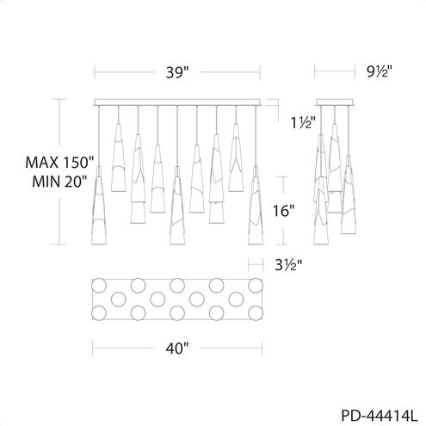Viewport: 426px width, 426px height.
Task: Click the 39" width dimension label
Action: (177, 72)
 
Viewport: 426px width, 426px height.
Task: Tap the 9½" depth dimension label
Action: (379, 71)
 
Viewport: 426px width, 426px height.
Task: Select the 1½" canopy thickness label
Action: (304, 123)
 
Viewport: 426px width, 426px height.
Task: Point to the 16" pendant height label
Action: (284, 212)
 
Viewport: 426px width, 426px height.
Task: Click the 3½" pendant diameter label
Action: (288, 265)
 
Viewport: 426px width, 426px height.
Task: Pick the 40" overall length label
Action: (177, 349)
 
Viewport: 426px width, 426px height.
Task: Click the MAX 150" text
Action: (59, 163)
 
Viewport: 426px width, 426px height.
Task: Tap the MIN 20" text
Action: (59, 182)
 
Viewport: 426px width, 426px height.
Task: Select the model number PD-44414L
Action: (380, 416)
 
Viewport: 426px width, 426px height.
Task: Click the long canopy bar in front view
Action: (177, 102)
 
